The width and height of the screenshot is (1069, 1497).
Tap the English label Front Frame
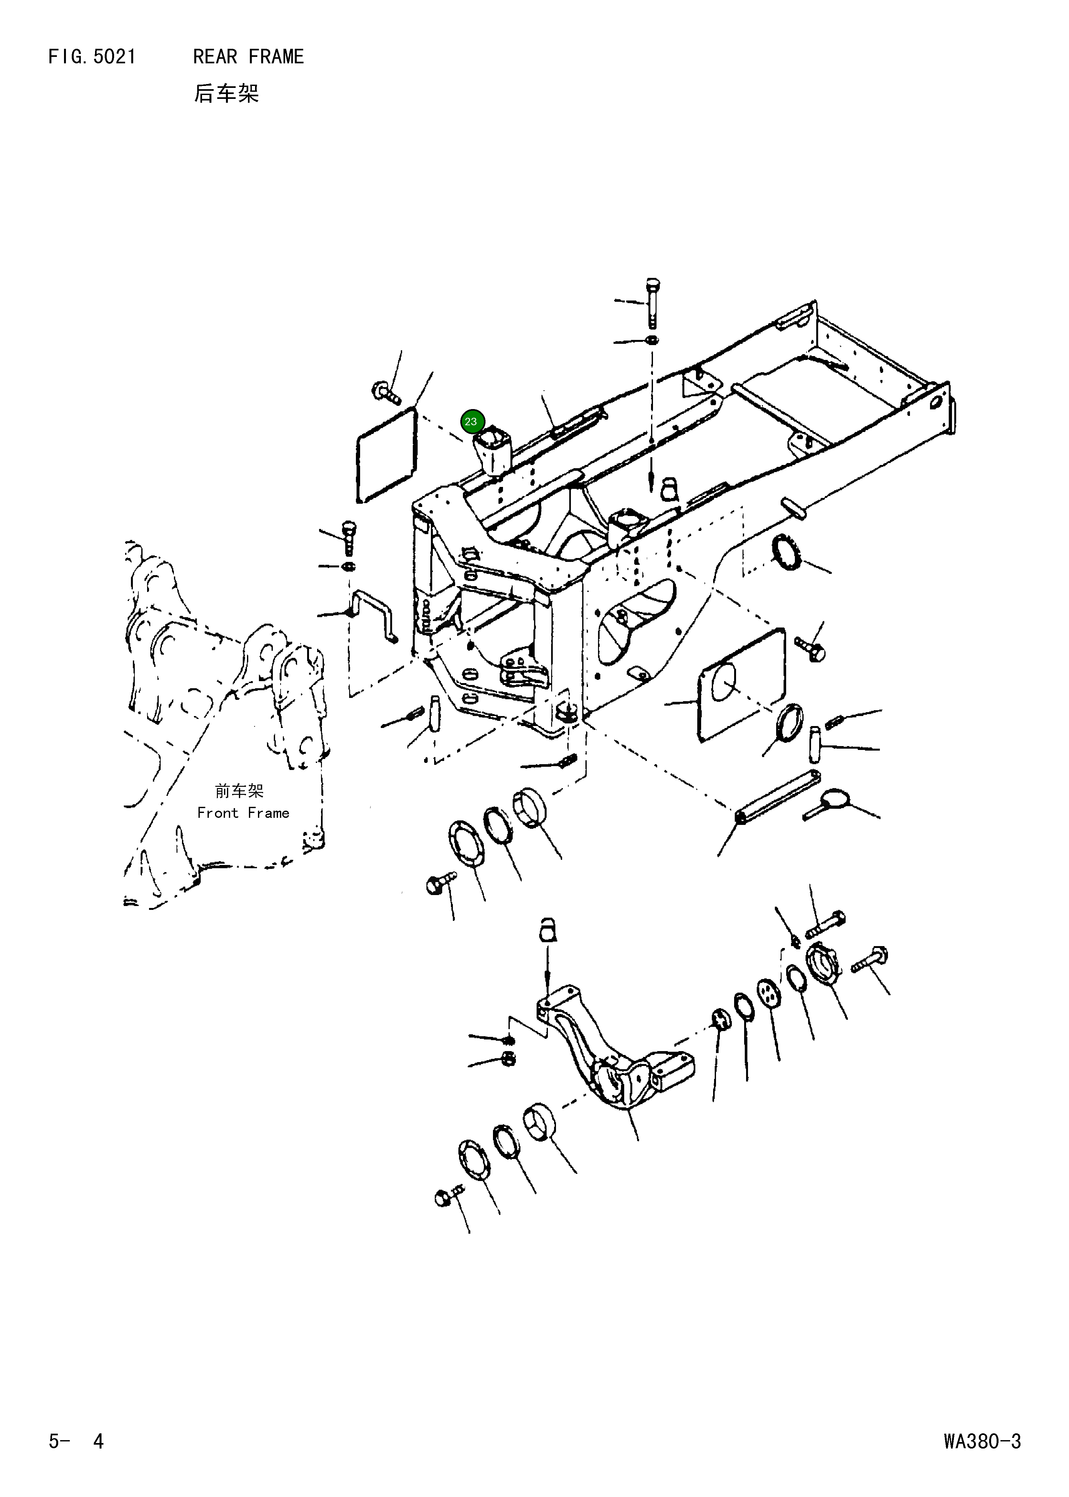243,813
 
